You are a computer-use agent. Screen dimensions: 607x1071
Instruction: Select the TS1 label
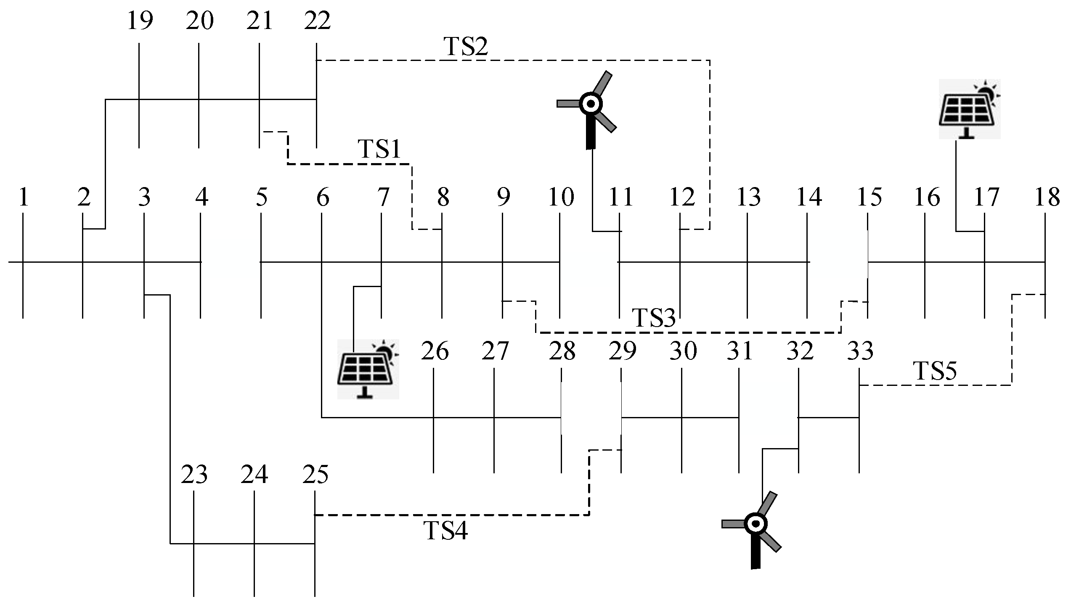pos(379,149)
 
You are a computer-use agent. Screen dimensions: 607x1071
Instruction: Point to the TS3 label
pos(654,318)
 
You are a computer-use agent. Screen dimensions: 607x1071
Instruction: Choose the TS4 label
pos(446,530)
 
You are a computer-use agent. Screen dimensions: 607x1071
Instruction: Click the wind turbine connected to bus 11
pos(589,107)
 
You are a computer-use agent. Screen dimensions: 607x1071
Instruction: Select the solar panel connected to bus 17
pos(970,109)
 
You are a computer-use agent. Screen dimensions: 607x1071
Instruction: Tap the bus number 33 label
pos(860,351)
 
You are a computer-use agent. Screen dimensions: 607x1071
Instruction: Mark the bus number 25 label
pos(315,475)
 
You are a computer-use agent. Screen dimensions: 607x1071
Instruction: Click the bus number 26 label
pos(435,351)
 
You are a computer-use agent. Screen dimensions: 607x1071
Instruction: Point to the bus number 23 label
pos(194,475)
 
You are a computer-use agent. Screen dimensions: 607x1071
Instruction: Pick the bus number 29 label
pos(623,351)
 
